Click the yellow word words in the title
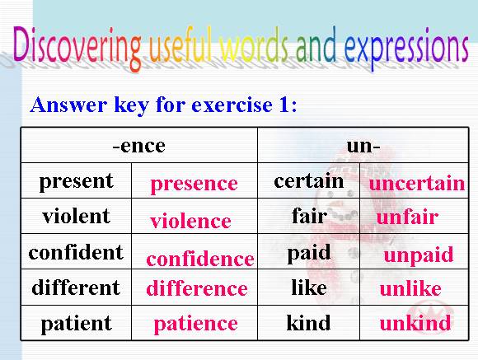point(254,46)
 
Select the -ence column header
point(138,146)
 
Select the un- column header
point(363,146)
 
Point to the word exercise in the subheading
point(232,105)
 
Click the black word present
point(76,182)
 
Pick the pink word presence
point(194,185)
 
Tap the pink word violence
point(190,221)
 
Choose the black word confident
point(76,252)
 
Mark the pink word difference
point(197,288)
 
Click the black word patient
point(76,324)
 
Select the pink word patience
point(195,324)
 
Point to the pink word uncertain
point(417,184)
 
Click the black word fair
point(309,216)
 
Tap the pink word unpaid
point(419,255)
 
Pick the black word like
point(309,288)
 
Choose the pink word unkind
point(415,323)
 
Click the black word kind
point(308,322)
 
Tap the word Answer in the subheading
point(68,105)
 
